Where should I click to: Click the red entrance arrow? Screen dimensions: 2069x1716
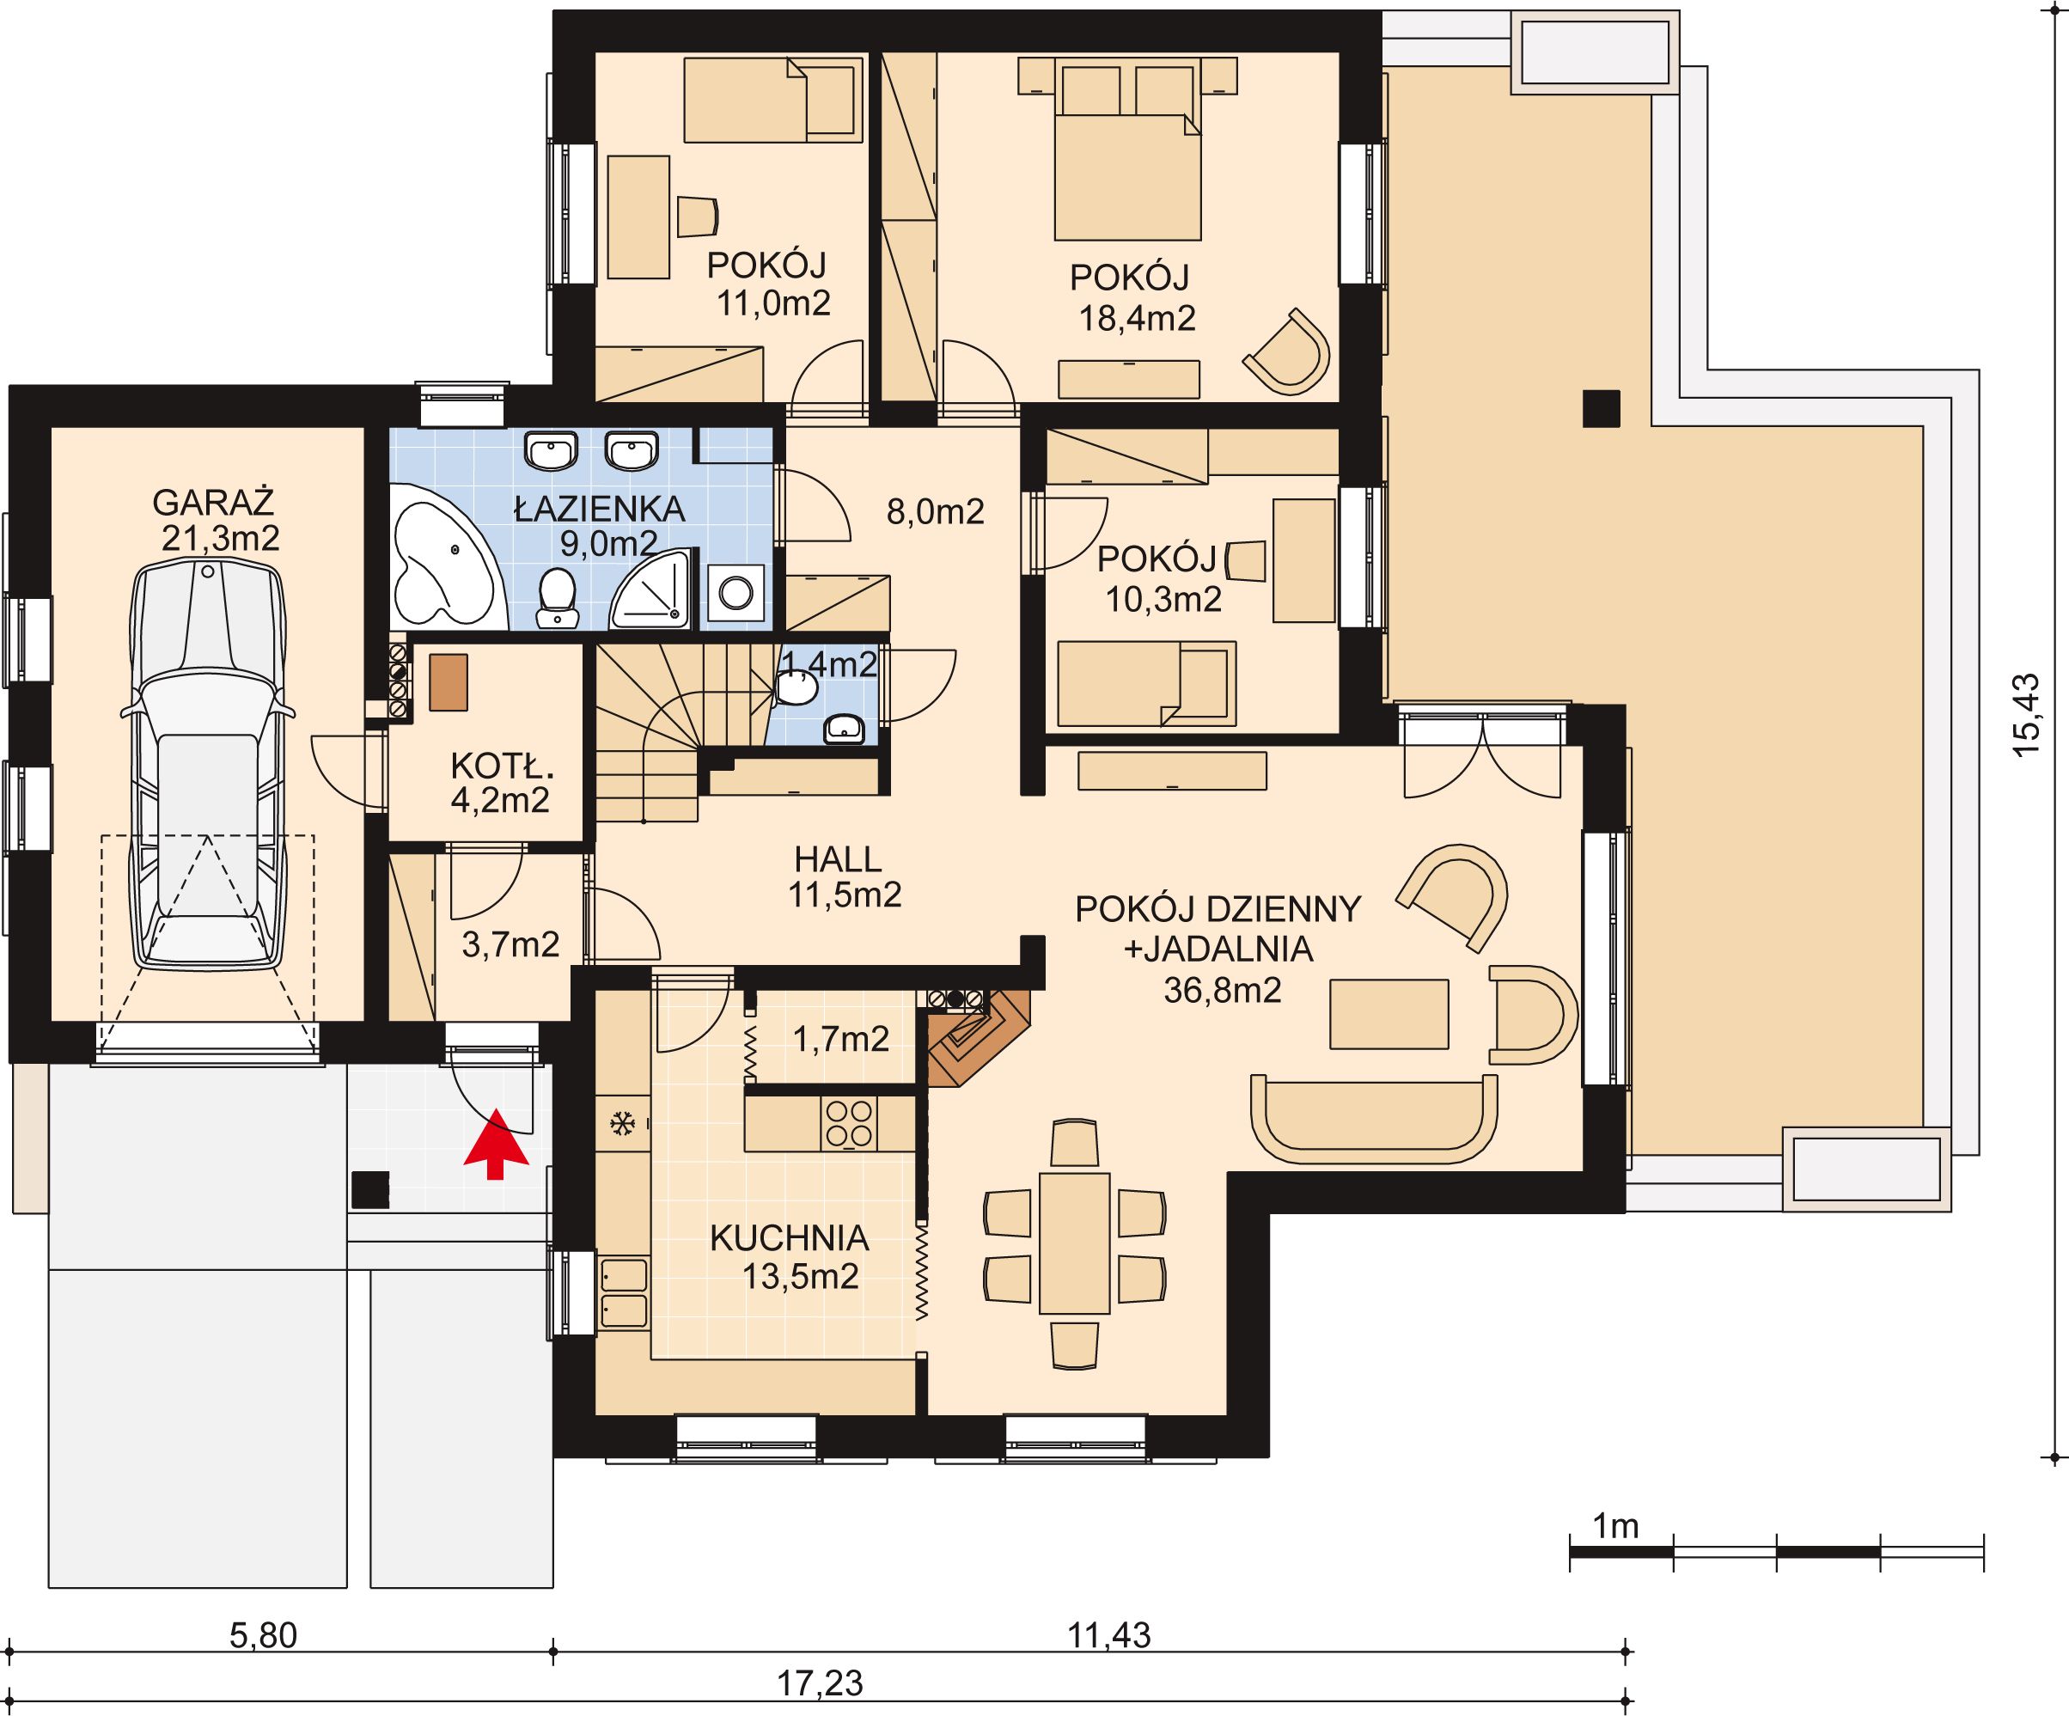tap(496, 1144)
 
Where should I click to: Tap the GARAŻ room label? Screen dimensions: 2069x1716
tap(213, 504)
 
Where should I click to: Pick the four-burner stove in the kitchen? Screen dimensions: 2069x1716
tap(848, 1124)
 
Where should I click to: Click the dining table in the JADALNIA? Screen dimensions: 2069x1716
tap(1074, 1243)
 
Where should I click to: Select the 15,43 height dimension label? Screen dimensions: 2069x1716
tap(2026, 715)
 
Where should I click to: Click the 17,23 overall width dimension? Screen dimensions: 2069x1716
tap(820, 1683)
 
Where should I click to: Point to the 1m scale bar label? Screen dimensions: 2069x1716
tap(1616, 1526)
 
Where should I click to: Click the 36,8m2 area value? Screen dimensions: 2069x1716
tap(1223, 990)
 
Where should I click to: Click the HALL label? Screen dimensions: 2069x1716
tap(838, 860)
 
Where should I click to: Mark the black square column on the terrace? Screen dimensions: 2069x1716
tap(1601, 409)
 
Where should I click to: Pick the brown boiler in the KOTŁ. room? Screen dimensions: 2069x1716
tap(449, 681)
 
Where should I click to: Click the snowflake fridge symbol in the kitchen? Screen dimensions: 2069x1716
tap(622, 1123)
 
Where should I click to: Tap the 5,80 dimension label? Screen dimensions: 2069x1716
tap(263, 1635)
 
